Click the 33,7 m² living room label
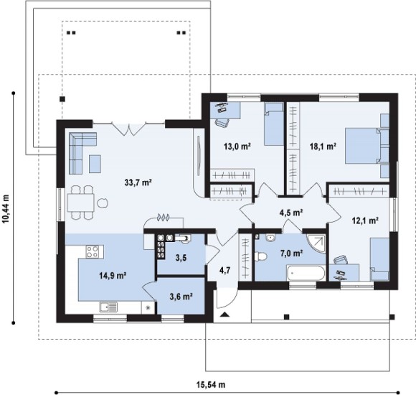138,182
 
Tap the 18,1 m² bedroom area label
323,146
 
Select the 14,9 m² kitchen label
113,276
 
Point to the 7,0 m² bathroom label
292,253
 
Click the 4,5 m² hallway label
291,213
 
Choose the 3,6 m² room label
181,296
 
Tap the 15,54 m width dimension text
211,384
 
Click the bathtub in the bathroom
306,273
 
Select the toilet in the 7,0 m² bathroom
260,257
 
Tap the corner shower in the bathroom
316,243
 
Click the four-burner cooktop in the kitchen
93,251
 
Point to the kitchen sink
108,307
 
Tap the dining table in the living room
81,203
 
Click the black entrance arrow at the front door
224,315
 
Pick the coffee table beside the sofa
95,164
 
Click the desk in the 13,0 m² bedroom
225,110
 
